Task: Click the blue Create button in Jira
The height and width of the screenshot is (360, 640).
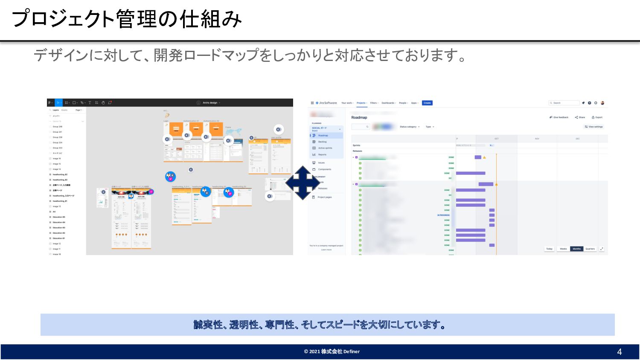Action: (x=427, y=103)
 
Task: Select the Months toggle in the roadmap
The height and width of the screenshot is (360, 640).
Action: (x=577, y=249)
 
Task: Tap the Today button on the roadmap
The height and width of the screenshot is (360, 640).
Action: (x=549, y=249)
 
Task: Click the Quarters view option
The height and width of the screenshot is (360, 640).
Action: (x=590, y=249)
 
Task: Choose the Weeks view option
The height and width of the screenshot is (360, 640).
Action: (x=563, y=249)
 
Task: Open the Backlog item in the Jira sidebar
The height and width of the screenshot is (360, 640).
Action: (x=322, y=142)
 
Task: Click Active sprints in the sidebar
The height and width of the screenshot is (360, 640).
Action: (x=325, y=148)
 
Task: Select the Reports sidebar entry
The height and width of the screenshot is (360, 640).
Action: (x=322, y=154)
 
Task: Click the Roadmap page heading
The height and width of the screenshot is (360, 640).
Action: (x=359, y=117)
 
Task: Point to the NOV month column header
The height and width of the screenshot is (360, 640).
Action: (x=537, y=139)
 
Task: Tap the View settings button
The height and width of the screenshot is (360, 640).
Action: (x=594, y=127)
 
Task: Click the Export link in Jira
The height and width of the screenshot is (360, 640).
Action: (x=597, y=117)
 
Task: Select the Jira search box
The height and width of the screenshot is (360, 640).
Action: (x=564, y=103)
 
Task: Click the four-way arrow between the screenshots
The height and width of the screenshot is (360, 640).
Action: (x=302, y=183)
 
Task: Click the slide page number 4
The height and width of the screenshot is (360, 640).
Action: (x=620, y=352)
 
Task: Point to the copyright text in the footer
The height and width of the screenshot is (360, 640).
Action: (x=332, y=351)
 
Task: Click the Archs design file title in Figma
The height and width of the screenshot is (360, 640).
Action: (x=210, y=103)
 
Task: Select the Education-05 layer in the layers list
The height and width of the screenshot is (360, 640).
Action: (x=59, y=217)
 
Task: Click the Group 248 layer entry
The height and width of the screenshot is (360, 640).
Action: (x=57, y=127)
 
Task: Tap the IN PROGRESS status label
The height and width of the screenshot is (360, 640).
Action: (x=443, y=215)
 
